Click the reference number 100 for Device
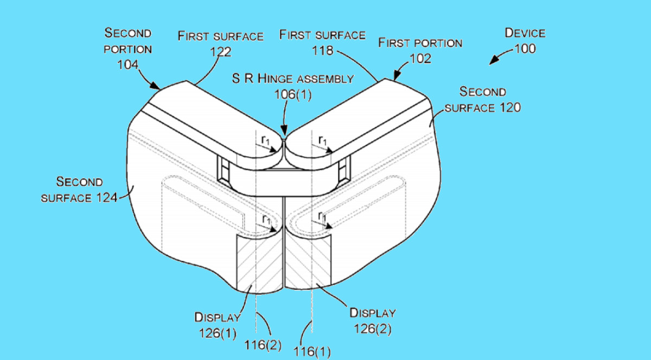(525, 48)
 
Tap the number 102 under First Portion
(420, 59)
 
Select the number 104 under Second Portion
(127, 65)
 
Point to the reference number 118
(322, 50)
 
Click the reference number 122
(221, 52)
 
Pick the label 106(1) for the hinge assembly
(293, 94)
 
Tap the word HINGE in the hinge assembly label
(274, 79)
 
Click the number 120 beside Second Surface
(510, 108)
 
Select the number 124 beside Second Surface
(106, 197)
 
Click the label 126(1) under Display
(218, 333)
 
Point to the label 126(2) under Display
(372, 329)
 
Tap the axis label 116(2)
(263, 345)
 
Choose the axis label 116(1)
(312, 351)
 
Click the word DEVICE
(525, 33)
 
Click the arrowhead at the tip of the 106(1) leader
(284, 131)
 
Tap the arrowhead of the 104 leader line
(155, 86)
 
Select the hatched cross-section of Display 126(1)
(259, 263)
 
